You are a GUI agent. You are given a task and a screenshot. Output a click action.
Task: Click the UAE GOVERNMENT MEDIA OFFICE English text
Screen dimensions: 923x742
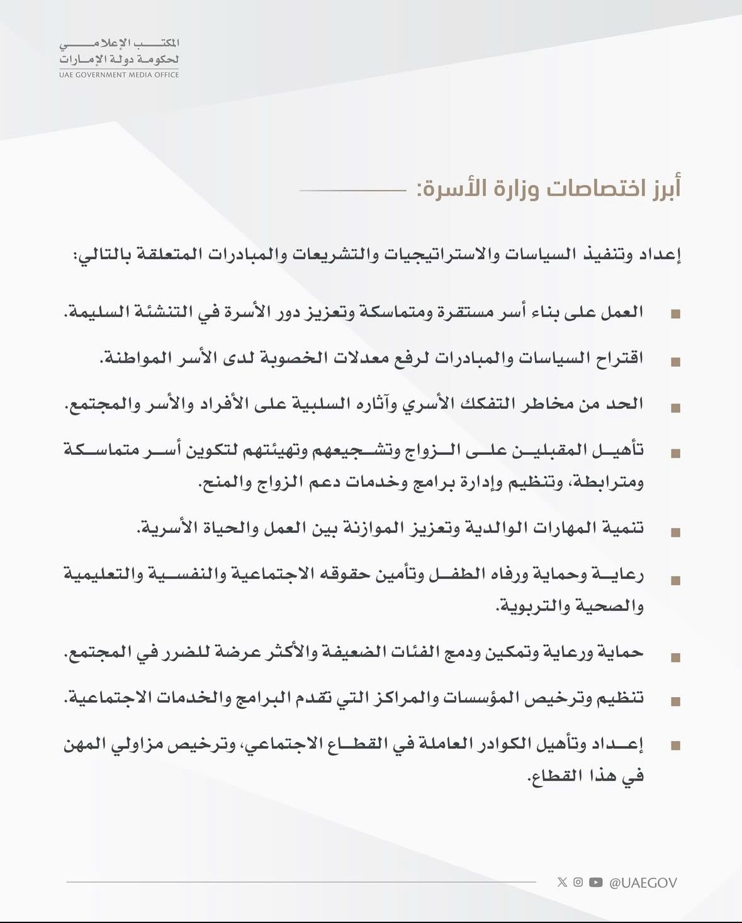coord(119,75)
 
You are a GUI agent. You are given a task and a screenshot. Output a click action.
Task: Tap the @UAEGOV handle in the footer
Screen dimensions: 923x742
coord(643,883)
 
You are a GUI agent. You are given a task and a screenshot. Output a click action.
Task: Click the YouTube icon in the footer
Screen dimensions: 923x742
coord(596,882)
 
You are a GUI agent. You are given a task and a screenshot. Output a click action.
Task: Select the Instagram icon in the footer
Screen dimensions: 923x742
coord(578,882)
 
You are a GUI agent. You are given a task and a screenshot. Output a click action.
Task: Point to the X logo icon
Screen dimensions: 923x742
coord(562,882)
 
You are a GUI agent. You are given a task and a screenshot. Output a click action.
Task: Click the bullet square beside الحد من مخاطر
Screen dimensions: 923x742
coord(675,408)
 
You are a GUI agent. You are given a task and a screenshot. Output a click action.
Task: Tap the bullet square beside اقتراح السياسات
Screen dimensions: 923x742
coord(675,362)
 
